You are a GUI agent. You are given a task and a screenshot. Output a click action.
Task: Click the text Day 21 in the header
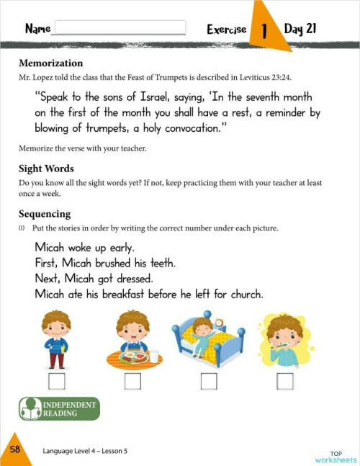coord(300,30)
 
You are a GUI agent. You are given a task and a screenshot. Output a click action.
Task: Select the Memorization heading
coord(50,63)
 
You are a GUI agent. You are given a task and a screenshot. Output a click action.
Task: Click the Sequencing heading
coord(45,214)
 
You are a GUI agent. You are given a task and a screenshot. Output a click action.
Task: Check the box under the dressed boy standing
coord(55,381)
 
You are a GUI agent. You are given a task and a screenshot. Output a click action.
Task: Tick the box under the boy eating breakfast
coord(132,381)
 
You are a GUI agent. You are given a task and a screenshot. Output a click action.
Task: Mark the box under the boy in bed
coord(209,381)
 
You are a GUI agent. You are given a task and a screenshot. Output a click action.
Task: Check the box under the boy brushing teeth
coord(285,381)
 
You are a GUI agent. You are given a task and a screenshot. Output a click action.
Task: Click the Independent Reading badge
coord(58,409)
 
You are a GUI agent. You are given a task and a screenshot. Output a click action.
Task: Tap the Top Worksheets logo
coord(336,455)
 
